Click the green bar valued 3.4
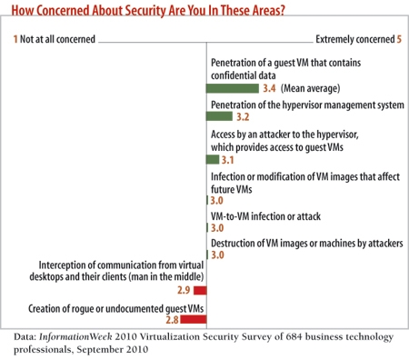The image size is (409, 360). point(232,89)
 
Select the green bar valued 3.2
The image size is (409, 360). point(219,116)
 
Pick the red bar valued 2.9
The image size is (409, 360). point(200,290)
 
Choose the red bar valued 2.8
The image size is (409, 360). point(194,319)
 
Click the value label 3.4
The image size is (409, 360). point(269,89)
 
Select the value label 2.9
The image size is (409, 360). point(183,290)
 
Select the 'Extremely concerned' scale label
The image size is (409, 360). point(356,41)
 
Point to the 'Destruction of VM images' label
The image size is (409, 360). point(305,244)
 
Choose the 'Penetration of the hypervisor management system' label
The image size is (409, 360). point(306,105)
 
